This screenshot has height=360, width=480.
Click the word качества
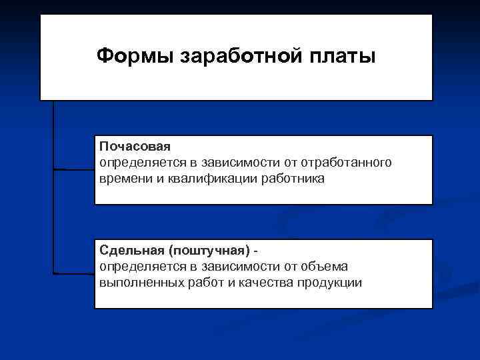tap(259, 283)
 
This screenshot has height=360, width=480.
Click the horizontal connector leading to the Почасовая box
tap(73, 169)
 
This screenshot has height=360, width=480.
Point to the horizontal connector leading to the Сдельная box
tap(73, 273)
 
